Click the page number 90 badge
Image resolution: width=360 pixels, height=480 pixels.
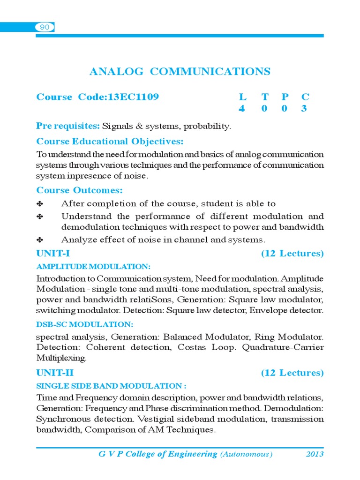click(45, 28)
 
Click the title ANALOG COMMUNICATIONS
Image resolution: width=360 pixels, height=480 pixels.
click(180, 72)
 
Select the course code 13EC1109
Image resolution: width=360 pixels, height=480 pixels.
click(134, 97)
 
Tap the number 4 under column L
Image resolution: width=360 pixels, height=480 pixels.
click(242, 109)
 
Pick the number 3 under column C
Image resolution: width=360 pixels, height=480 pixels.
click(305, 109)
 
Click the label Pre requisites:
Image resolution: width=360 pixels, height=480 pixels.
click(68, 126)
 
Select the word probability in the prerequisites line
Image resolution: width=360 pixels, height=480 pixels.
click(207, 126)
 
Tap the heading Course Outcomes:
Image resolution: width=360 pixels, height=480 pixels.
click(80, 190)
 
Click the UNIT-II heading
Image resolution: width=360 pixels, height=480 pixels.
click(55, 373)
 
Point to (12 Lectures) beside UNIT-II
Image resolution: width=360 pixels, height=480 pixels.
click(292, 373)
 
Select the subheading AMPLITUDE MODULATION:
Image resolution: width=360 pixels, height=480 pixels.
click(93, 267)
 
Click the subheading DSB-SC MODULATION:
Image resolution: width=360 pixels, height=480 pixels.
click(85, 324)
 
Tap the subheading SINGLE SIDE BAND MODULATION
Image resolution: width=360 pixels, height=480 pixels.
click(111, 386)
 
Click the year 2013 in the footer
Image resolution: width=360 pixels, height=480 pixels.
click(315, 454)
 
